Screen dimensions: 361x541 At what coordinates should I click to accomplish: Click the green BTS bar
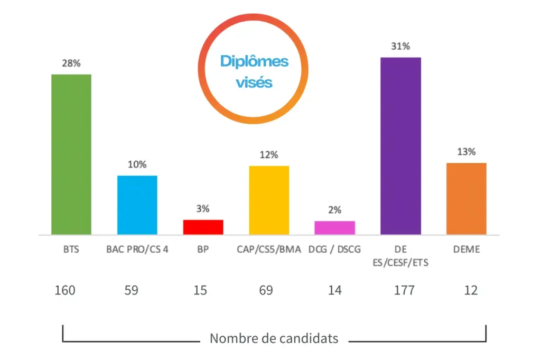click(71, 154)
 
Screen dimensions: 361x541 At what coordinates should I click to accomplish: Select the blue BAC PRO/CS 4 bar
click(137, 205)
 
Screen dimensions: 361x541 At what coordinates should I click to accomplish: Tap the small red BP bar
click(203, 227)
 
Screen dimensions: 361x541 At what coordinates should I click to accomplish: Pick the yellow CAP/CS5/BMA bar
click(269, 200)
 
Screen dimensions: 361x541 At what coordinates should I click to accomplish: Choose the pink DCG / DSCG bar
click(334, 227)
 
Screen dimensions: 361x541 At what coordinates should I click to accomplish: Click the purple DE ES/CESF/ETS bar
click(400, 145)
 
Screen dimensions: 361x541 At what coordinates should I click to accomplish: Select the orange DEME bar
click(466, 198)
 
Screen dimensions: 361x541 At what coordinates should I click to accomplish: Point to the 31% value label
click(400, 47)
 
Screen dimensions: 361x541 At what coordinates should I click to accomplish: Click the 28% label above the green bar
click(71, 63)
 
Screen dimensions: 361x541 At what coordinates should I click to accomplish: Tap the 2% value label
click(334, 210)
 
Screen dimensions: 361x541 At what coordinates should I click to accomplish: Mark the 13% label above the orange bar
click(466, 152)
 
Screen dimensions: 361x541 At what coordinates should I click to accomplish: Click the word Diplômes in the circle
click(254, 61)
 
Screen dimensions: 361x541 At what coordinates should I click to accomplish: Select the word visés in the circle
click(254, 82)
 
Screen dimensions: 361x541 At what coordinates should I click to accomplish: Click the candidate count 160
click(65, 290)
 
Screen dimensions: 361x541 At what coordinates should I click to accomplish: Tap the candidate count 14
click(334, 290)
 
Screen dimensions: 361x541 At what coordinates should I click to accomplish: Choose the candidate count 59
click(131, 290)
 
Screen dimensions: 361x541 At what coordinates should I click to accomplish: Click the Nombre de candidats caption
click(274, 338)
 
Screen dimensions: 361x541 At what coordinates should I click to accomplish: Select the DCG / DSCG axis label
click(334, 249)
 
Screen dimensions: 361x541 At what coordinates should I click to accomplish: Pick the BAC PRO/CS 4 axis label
click(137, 249)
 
